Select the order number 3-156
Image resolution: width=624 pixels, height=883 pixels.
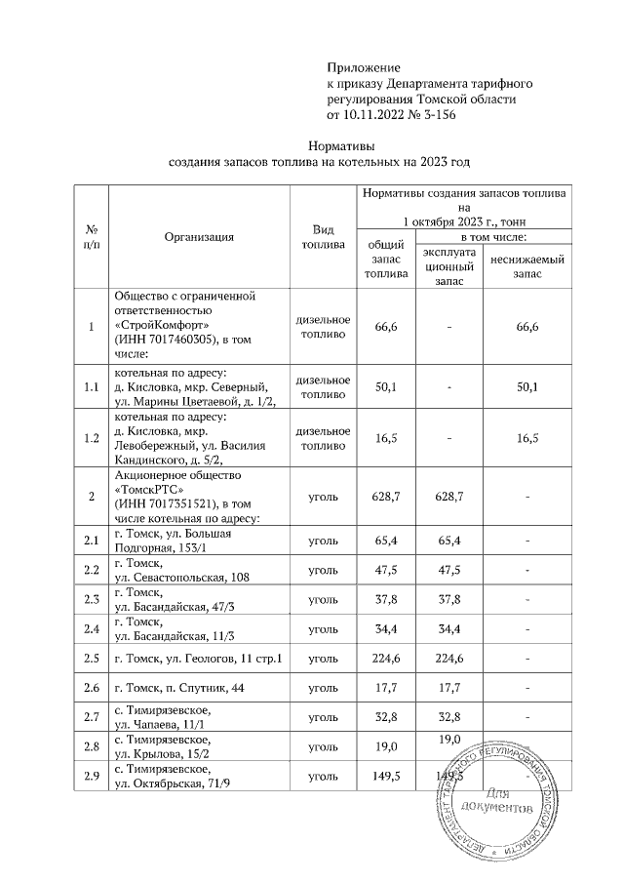pos(432,115)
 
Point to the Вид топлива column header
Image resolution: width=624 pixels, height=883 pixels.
pos(323,236)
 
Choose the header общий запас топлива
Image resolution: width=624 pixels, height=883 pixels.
pos(384,261)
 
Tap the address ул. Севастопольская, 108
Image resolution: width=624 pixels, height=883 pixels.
pos(182,578)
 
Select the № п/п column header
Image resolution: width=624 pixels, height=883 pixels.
pos(92,236)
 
